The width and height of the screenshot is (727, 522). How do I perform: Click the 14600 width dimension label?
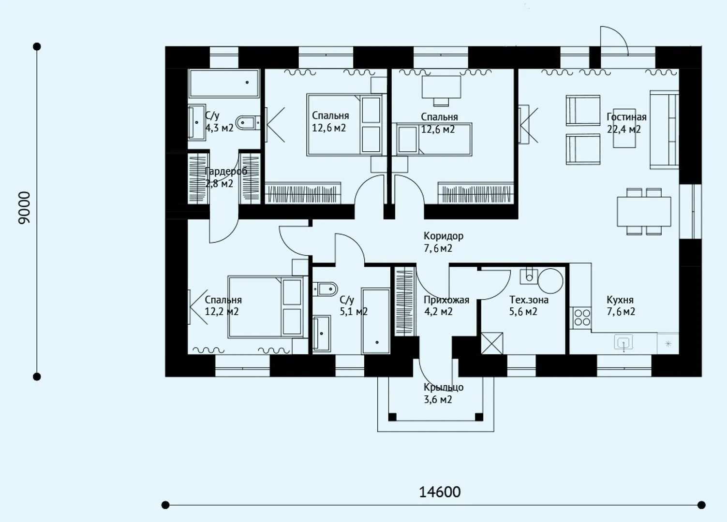pos(440,492)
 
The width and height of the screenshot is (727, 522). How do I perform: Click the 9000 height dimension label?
pos(24,208)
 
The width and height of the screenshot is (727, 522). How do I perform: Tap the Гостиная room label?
pos(626,116)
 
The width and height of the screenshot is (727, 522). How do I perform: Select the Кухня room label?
pos(620,300)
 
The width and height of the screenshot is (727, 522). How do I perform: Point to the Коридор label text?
pos(444,236)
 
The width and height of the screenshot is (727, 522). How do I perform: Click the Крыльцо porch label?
pos(444,387)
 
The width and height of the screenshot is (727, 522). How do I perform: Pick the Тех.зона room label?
pos(529,300)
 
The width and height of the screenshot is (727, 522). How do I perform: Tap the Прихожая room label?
pos(446,300)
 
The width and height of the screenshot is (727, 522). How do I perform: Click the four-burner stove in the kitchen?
pos(582,318)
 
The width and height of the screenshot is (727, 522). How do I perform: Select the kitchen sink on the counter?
pos(623,343)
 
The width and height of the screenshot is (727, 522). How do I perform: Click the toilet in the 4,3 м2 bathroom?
pos(248,123)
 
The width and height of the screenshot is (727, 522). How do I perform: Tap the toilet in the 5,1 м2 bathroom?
pos(325,289)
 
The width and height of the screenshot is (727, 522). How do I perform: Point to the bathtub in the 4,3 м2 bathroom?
pos(224,83)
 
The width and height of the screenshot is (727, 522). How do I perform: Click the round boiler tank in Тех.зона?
pos(550,281)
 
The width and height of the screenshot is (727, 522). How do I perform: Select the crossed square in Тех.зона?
pos(492,343)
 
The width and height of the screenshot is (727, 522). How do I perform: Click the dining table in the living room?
pos(644,211)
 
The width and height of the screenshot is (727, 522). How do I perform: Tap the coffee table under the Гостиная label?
pos(624,129)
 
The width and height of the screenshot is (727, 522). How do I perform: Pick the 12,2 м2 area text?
pos(222,312)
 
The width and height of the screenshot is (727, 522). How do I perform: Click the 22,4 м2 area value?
pos(624,130)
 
